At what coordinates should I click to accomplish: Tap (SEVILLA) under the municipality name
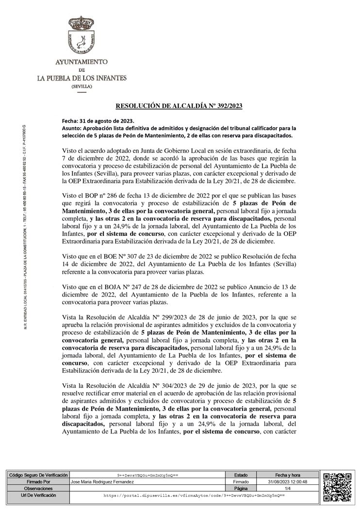point(82,86)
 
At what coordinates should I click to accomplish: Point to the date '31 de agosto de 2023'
point(105,121)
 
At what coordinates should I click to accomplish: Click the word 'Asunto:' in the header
point(72,128)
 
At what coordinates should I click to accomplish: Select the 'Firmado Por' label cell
point(37,482)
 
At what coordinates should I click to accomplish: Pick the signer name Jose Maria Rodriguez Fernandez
point(102,482)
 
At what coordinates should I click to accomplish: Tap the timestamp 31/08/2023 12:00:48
point(287,482)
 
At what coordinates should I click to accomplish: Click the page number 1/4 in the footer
point(287,489)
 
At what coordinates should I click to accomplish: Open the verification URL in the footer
point(194,495)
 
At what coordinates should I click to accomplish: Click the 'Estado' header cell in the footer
point(241,475)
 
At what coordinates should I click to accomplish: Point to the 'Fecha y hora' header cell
point(287,475)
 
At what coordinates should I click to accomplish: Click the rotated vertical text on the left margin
point(25,228)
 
